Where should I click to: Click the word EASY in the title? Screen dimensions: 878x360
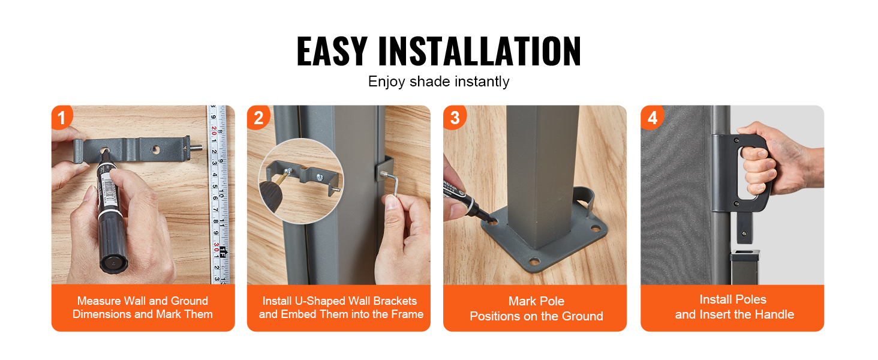pos(332,51)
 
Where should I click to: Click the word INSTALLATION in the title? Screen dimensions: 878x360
pos(479,51)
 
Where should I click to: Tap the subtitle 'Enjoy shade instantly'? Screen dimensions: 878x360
pos(438,82)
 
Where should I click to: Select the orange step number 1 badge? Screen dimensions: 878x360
pos(62,117)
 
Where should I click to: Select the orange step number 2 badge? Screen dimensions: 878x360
pos(258,117)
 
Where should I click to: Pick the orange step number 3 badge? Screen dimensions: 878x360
pos(454,117)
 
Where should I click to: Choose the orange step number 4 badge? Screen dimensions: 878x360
pos(652,117)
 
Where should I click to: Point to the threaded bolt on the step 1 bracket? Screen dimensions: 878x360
pos(196,148)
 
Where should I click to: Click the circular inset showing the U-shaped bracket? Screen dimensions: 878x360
pos(300,181)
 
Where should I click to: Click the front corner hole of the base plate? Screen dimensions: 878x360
pos(534,260)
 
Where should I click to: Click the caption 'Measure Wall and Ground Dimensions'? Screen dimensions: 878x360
pos(143,307)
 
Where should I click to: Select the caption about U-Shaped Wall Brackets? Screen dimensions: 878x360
pos(341,307)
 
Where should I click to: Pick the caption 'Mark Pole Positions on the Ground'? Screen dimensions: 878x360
pos(536,308)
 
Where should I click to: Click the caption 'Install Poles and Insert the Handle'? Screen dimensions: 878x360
pos(734,307)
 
